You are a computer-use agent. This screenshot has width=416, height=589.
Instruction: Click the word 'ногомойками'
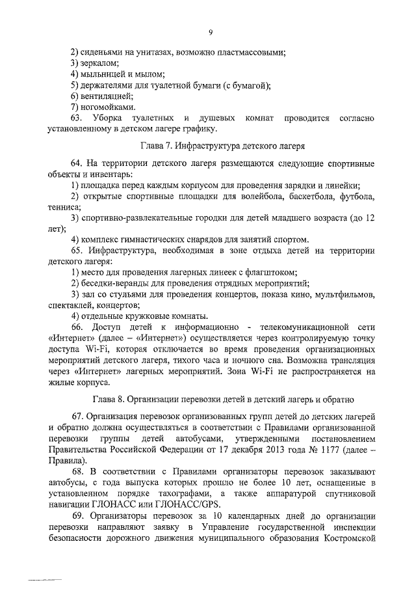pyautogui.click(x=107, y=107)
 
